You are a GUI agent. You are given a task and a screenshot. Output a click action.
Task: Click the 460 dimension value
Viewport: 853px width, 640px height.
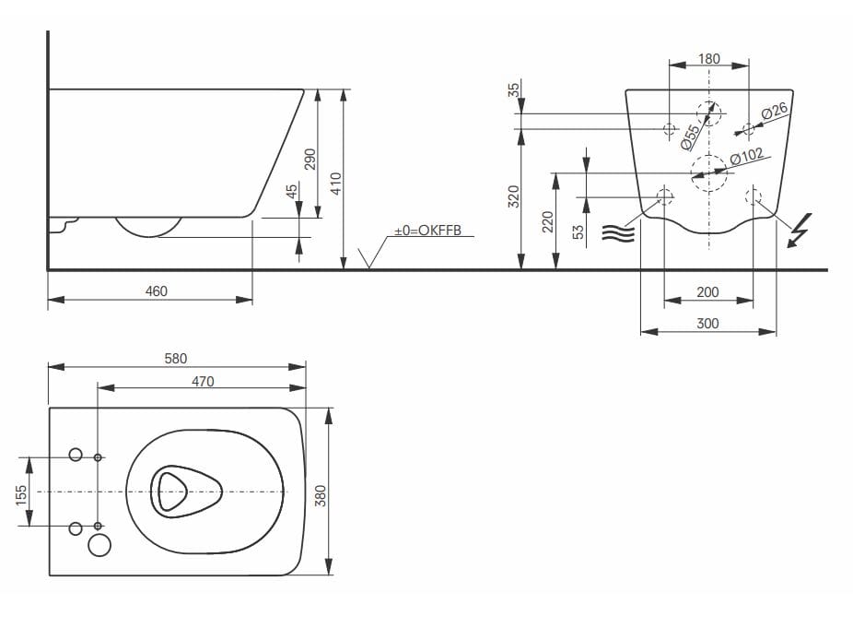157,291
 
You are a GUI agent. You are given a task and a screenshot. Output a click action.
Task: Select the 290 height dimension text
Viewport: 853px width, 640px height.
310,159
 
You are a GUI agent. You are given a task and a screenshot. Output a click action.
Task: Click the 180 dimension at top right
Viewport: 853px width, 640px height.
709,59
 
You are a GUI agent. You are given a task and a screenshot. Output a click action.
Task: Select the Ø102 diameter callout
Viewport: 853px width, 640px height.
746,158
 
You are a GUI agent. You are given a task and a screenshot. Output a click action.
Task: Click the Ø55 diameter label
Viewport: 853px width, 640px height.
690,136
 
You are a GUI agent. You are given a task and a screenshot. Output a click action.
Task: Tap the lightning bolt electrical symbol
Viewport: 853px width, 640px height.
800,230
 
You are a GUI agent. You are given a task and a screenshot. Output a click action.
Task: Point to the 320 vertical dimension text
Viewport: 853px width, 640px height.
514,196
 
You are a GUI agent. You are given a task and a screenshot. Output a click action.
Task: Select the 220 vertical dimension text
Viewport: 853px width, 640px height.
547,221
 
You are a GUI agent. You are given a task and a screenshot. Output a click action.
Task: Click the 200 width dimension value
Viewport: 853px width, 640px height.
707,292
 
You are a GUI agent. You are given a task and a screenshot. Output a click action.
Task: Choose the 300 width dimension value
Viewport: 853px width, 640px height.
707,324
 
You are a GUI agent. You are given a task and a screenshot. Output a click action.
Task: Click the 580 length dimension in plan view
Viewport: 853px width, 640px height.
176,359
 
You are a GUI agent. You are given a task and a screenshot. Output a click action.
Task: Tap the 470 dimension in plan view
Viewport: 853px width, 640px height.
203,381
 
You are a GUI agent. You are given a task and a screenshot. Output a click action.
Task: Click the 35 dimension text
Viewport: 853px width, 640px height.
514,89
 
